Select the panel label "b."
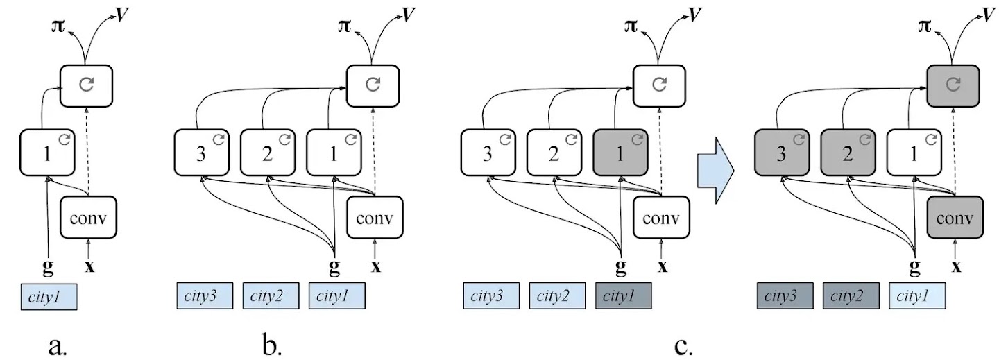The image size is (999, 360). [x=272, y=345]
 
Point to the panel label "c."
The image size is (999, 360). [x=683, y=345]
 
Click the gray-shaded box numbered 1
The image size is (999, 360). [x=620, y=153]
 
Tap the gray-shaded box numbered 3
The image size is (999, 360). [x=781, y=153]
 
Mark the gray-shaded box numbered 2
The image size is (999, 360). [x=848, y=153]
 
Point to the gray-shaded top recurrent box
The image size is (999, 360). [x=954, y=85]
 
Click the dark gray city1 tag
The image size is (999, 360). [x=624, y=296]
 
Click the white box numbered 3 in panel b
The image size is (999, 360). [x=200, y=153]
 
